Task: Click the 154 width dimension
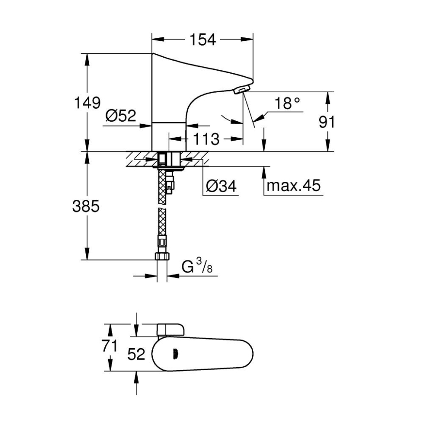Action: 202,40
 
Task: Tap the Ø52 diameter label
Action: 121,115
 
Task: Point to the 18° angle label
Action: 287,103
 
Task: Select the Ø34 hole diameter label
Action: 221,186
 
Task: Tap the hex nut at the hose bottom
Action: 162,257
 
